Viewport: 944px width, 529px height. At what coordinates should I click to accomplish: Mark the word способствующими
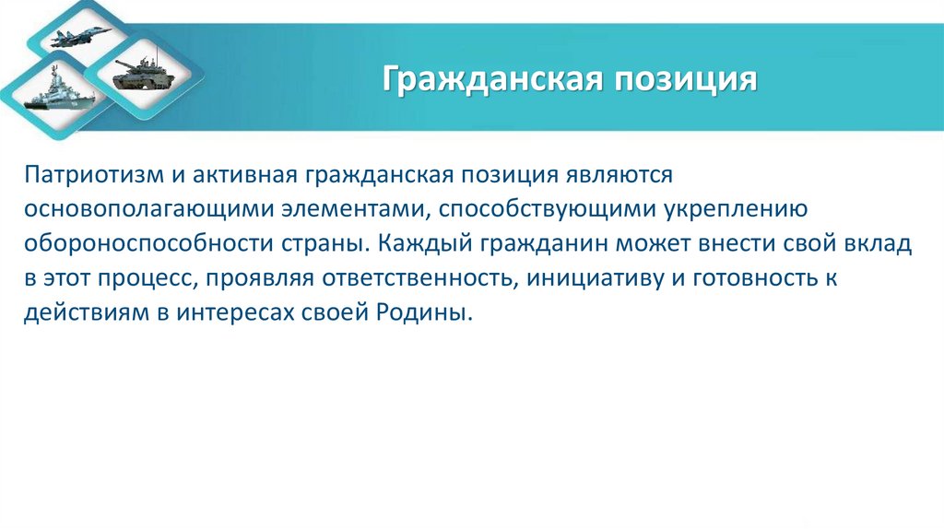click(547, 208)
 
